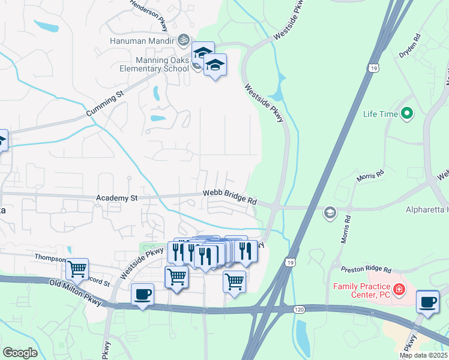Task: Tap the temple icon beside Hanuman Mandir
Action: [x=184, y=40]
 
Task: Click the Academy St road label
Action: [x=116, y=197]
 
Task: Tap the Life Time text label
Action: [x=381, y=113]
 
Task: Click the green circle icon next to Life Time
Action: [x=408, y=113]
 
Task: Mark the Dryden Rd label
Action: [x=410, y=45]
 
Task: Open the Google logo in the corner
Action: [x=20, y=353]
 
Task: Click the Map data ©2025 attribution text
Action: [x=423, y=355]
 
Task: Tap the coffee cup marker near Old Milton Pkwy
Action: [x=142, y=295]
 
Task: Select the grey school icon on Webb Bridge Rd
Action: [x=330, y=212]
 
